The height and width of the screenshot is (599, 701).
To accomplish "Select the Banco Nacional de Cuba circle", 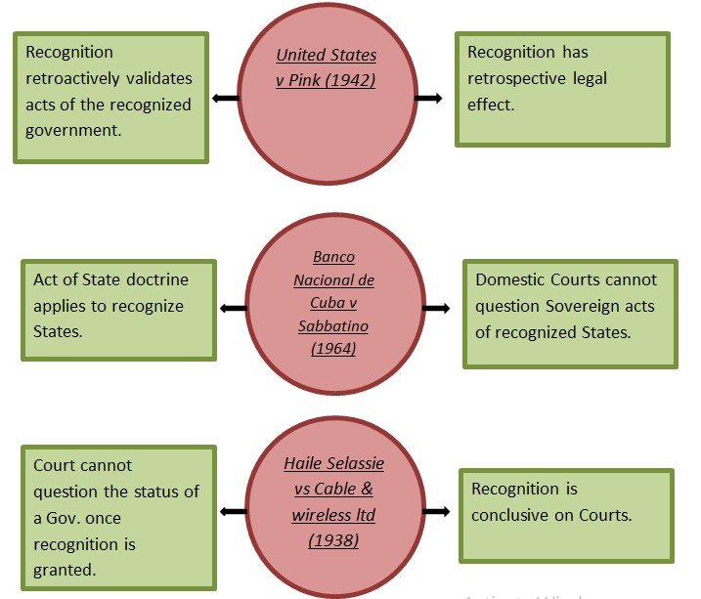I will (335, 303).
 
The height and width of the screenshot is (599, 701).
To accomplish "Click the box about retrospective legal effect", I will (562, 89).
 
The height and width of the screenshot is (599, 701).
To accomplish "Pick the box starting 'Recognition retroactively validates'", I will (110, 97).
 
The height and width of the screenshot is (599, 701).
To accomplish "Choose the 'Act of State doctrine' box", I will (118, 309).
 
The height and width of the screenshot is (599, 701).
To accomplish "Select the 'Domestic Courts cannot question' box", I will (570, 314).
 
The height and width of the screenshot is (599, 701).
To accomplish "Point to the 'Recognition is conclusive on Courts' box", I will (566, 515).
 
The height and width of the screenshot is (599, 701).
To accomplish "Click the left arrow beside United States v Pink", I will (225, 98).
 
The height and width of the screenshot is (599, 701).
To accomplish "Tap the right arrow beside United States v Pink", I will (428, 98).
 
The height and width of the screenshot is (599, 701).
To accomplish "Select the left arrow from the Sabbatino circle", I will (233, 309).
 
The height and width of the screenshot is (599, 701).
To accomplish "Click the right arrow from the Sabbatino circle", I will (436, 309).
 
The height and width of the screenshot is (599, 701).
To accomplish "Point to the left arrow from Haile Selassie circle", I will (233, 511).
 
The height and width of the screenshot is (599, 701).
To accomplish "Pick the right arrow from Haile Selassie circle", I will (436, 511).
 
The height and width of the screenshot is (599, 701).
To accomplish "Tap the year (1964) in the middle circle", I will (333, 349).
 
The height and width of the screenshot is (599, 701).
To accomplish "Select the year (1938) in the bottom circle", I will (332, 538).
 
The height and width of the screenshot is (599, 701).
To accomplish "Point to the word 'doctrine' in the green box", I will (154, 279).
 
